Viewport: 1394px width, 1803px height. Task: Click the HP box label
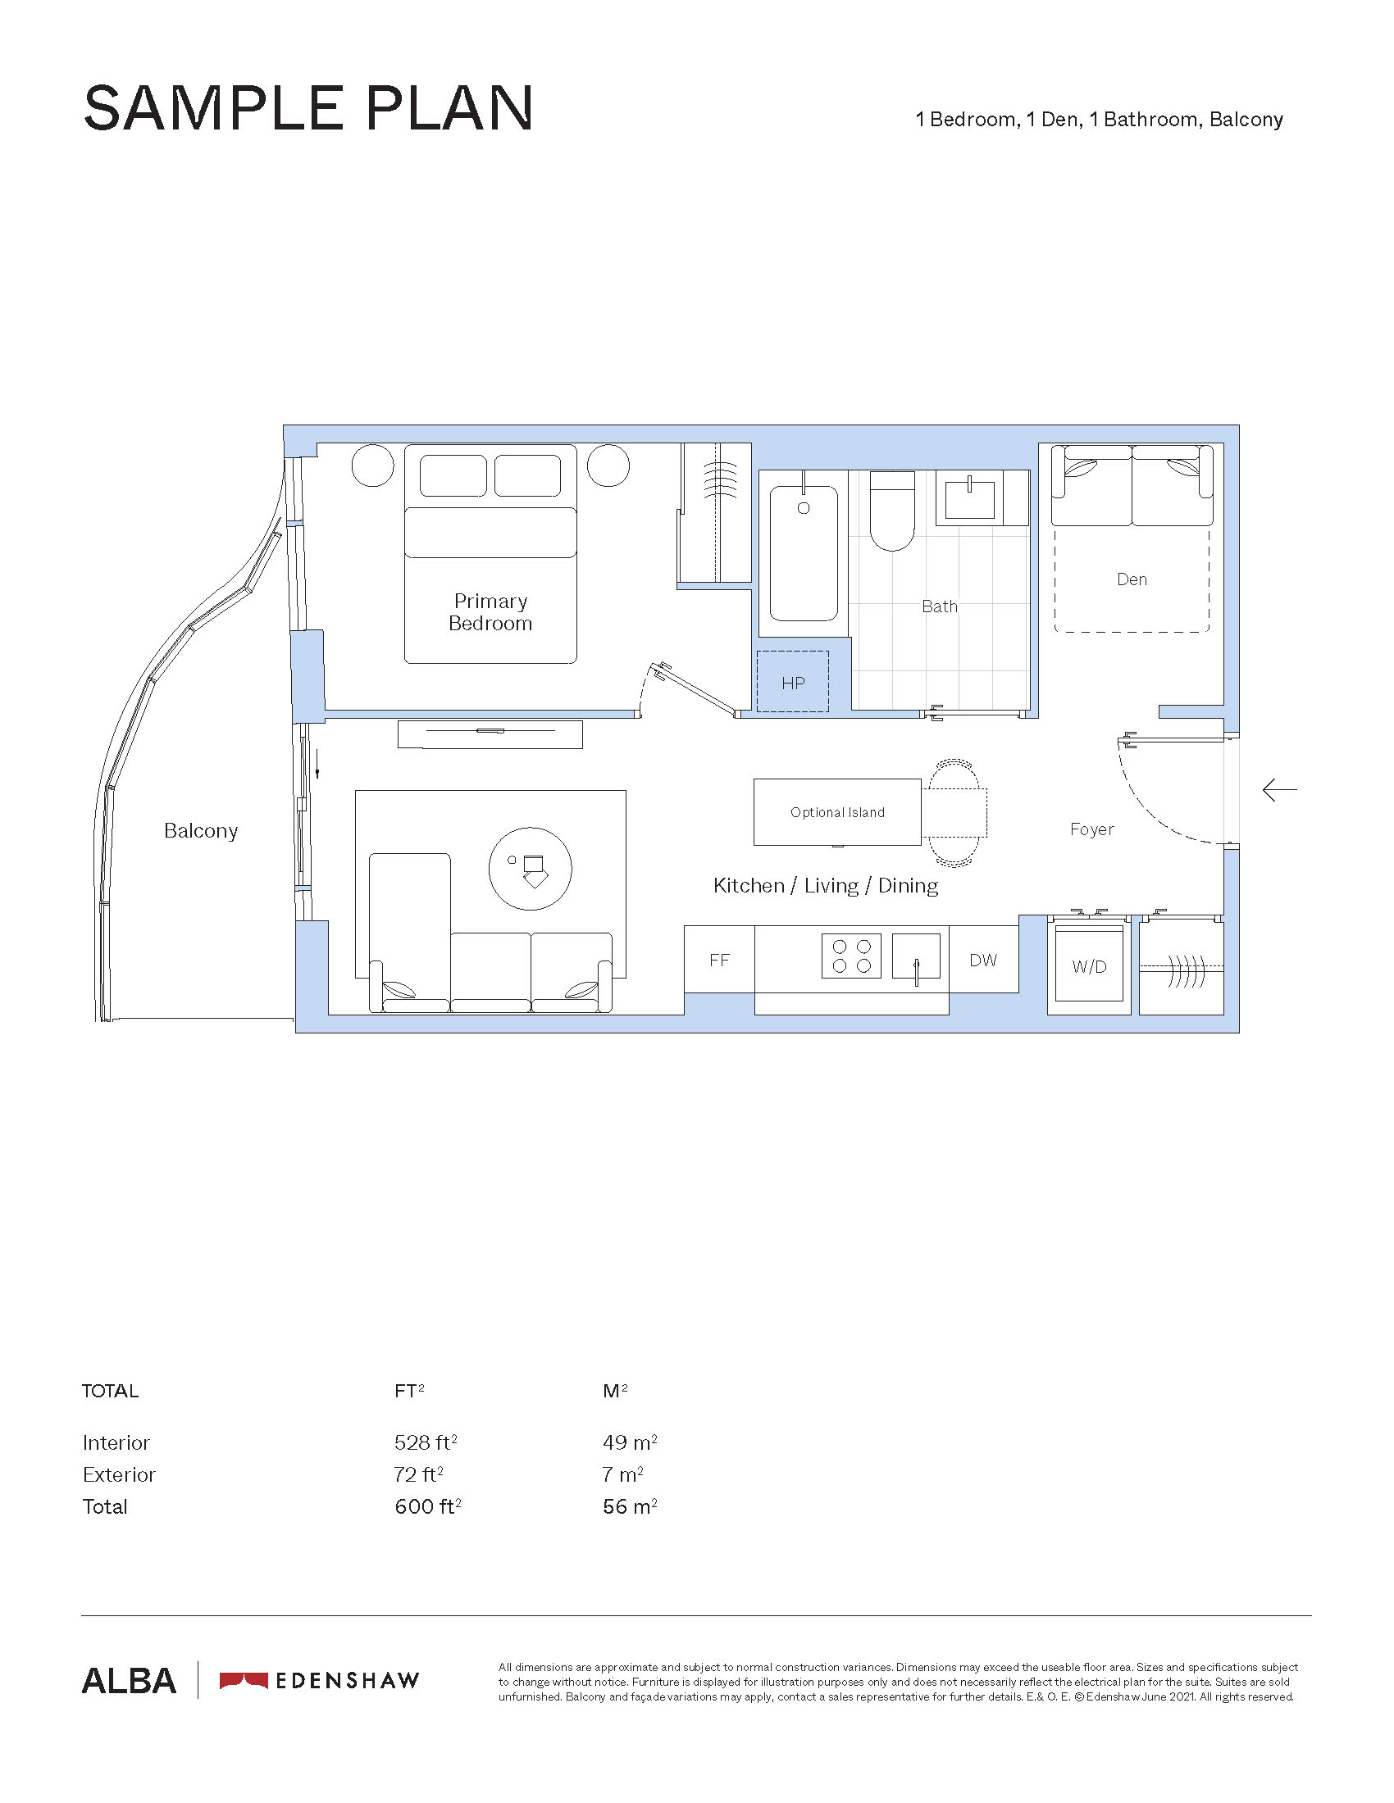point(793,683)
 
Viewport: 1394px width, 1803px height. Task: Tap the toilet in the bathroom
point(892,511)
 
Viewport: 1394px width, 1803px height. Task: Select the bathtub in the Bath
point(804,553)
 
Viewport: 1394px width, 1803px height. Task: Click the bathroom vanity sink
point(969,497)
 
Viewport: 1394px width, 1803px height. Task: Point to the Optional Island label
point(837,812)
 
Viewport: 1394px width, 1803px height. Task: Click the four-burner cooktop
point(851,956)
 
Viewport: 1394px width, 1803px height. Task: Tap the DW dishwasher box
point(983,960)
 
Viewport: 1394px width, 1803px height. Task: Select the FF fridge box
point(719,960)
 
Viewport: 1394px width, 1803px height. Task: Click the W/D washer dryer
point(1089,965)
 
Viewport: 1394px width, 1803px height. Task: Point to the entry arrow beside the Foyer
point(1279,791)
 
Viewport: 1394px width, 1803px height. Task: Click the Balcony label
point(201,830)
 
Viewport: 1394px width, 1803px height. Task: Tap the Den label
point(1132,579)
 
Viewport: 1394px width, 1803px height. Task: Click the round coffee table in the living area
point(531,869)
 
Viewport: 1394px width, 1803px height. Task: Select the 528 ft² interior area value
point(426,1442)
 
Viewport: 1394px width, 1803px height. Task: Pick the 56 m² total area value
point(630,1506)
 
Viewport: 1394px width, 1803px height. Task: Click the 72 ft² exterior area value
point(419,1474)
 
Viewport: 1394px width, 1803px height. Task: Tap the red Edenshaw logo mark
point(244,1680)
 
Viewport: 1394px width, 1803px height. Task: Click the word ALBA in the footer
point(129,1681)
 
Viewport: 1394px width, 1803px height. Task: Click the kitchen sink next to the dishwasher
point(916,956)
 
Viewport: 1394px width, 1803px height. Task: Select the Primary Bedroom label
point(490,612)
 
